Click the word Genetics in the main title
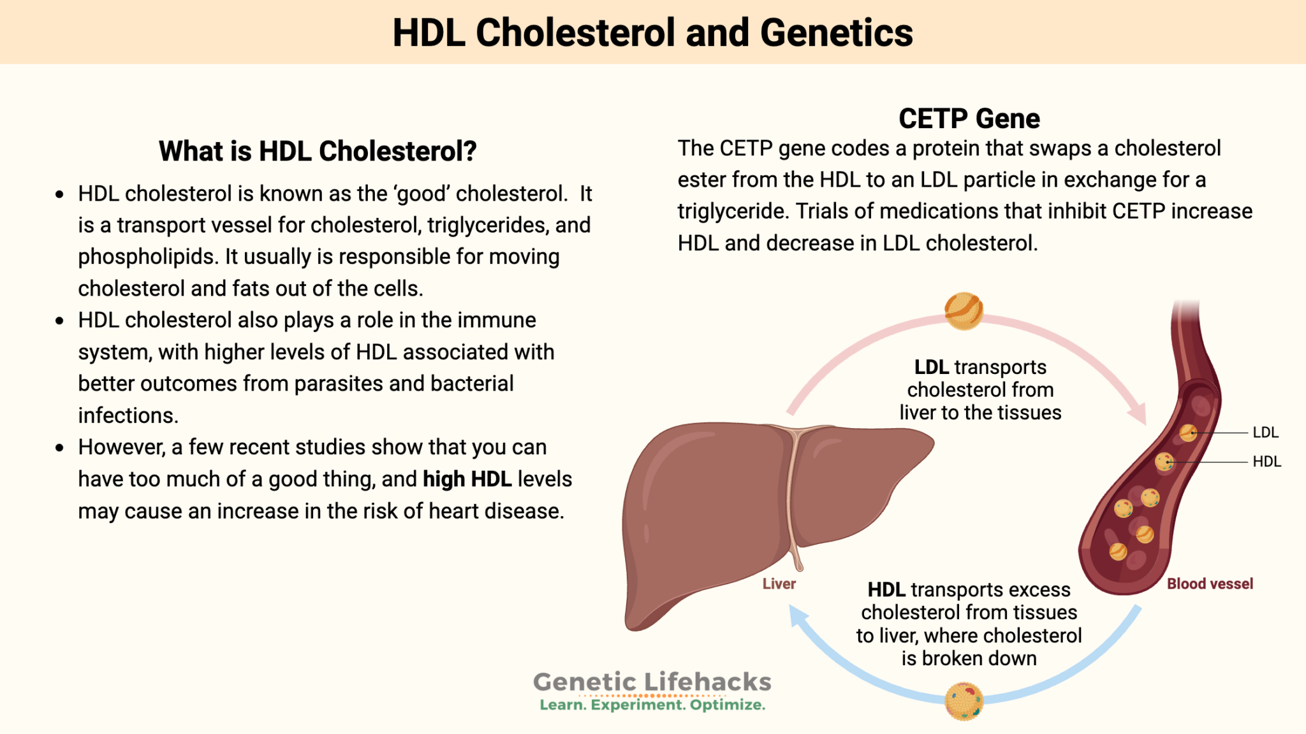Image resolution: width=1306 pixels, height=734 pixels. [836, 33]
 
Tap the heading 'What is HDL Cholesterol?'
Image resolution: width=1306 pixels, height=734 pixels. [318, 151]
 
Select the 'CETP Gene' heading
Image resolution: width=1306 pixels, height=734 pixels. [969, 119]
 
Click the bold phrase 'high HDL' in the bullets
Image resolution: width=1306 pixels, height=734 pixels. [467, 479]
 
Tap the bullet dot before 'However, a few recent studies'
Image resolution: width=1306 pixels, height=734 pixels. [59, 448]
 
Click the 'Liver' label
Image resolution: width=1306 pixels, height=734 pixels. [779, 584]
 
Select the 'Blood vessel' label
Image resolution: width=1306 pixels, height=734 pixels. [1209, 584]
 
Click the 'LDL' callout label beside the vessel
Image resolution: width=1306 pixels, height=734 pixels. [1265, 433]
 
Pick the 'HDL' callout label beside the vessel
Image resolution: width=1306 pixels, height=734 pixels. [1266, 461]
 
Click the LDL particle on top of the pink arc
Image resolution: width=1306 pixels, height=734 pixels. [964, 310]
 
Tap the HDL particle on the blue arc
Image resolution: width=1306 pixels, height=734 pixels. [964, 701]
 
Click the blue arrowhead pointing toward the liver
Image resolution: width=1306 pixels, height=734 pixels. [798, 615]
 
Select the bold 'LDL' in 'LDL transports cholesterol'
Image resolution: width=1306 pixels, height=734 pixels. [931, 367]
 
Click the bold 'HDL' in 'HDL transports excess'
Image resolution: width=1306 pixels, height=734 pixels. [886, 590]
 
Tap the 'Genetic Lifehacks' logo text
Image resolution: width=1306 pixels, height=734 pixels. [652, 682]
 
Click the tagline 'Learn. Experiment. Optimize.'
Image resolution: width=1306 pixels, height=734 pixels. [652, 705]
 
